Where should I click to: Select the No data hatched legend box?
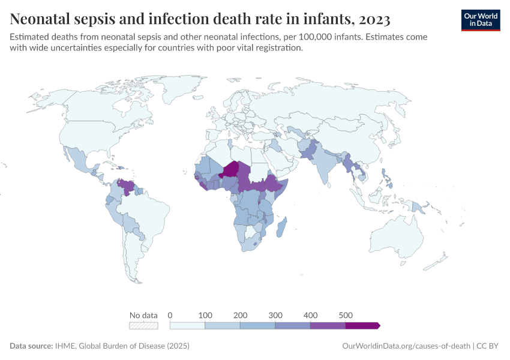(x=144, y=325)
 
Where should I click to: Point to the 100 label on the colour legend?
(x=205, y=315)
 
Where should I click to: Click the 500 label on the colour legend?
(x=346, y=315)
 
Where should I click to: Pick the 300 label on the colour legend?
(x=275, y=315)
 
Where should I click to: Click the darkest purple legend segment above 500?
(x=362, y=325)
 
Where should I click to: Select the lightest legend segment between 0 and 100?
(x=188, y=325)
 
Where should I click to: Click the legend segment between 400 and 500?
(x=328, y=325)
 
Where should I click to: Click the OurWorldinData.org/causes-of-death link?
(x=405, y=346)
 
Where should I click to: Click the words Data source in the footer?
(x=30, y=346)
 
